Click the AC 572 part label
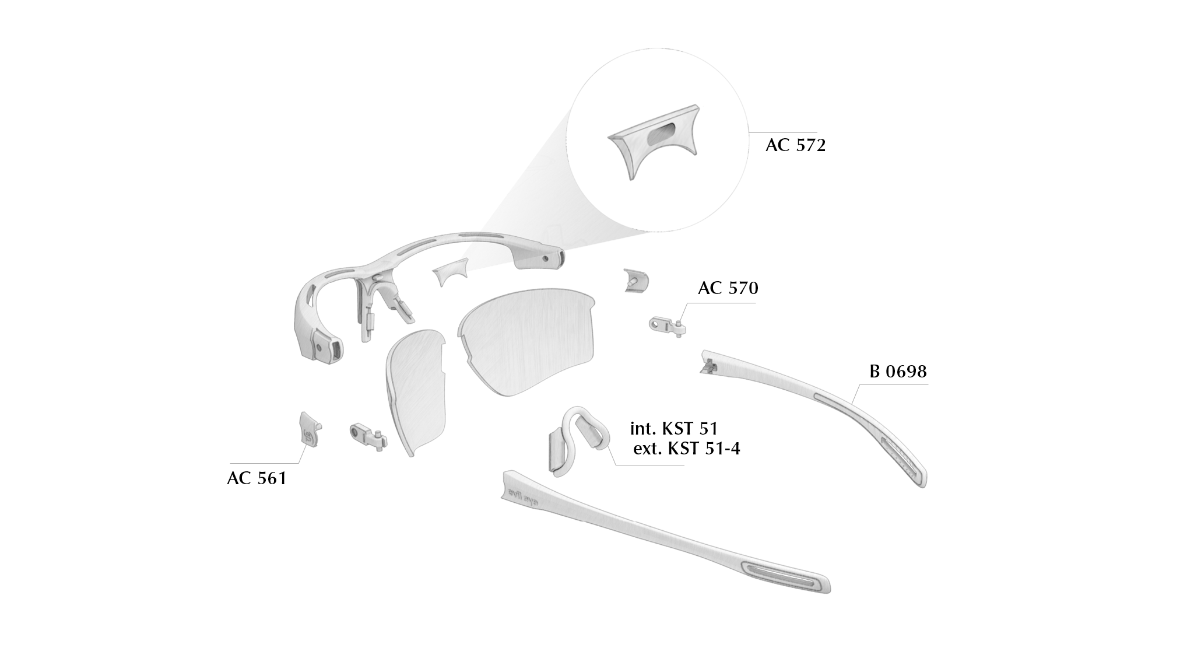(x=795, y=145)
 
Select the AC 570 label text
(x=728, y=288)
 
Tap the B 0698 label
(x=898, y=372)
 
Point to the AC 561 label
(x=257, y=478)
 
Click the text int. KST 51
(x=674, y=429)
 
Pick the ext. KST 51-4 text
(x=687, y=449)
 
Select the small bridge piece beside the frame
(x=451, y=271)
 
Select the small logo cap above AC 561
(x=310, y=429)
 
